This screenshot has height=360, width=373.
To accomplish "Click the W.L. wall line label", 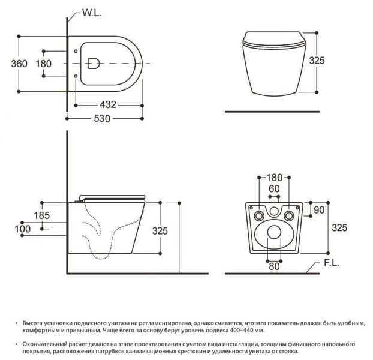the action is tap(92, 13).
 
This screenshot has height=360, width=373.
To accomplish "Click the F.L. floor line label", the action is tap(332, 263).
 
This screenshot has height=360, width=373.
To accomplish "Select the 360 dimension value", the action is tap(19, 64).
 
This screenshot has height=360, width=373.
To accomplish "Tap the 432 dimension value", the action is tap(108, 104).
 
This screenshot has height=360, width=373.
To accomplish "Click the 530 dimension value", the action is tap(102, 118).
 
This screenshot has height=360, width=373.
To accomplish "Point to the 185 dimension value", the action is tap(42, 215).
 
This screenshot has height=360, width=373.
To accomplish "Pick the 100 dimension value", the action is tap(23, 229).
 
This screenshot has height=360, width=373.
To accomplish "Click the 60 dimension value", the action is tap(274, 188).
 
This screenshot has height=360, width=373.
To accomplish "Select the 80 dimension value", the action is tap(274, 266).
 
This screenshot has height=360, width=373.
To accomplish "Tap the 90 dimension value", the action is tap(319, 210).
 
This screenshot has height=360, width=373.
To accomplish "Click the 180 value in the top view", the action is tap(44, 64).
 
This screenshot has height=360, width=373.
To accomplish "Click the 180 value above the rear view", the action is tap(274, 178).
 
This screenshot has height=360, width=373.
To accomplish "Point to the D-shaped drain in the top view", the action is tap(94, 63).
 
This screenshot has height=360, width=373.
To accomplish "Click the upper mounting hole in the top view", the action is tap(76, 51).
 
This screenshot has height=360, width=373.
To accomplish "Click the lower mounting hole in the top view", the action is tap(76, 76).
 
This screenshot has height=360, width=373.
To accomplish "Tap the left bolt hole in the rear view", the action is tap(259, 216).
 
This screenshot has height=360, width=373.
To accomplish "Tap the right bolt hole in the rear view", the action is tap(289, 216).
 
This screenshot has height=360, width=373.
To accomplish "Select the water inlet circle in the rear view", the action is tap(274, 211).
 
